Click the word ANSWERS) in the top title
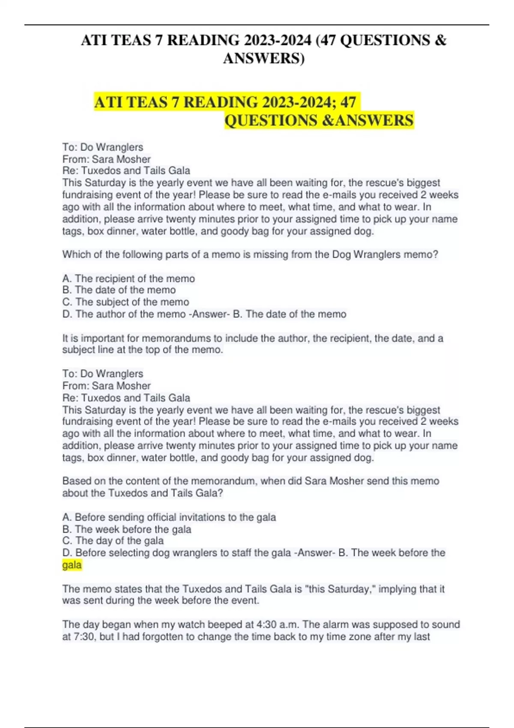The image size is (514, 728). [x=263, y=58]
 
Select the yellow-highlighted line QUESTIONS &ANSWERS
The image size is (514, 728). [x=319, y=120]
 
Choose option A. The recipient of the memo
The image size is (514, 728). [x=128, y=279]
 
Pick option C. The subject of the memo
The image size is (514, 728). [x=126, y=302]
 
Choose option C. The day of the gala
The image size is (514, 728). [x=113, y=541]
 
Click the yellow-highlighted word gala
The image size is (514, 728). [x=72, y=565]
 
